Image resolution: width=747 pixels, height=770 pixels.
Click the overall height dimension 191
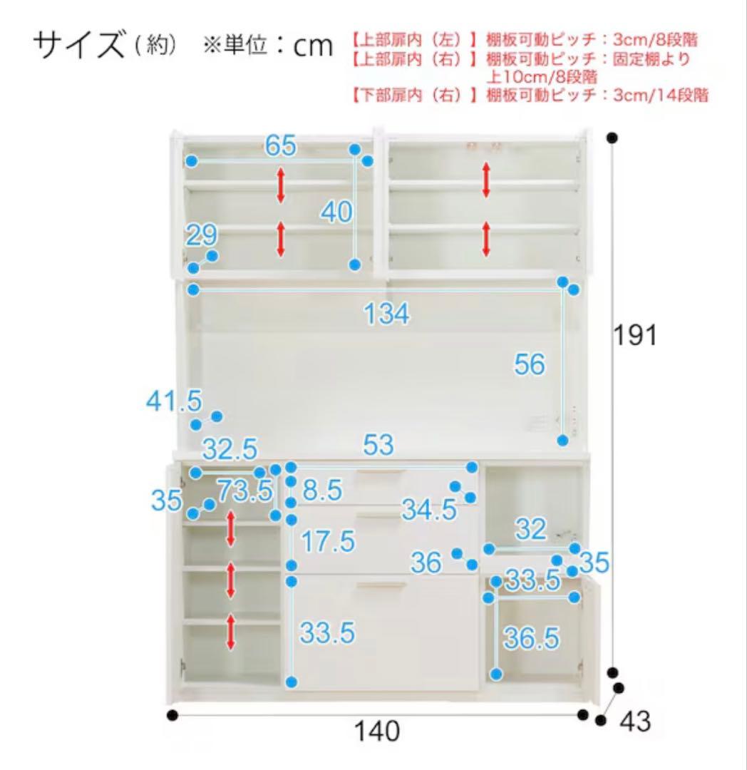pyautogui.click(x=635, y=334)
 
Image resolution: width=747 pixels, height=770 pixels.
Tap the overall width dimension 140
pyautogui.click(x=377, y=731)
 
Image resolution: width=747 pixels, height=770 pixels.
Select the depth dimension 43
pyautogui.click(x=634, y=722)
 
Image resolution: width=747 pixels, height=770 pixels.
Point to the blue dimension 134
pyautogui.click(x=387, y=314)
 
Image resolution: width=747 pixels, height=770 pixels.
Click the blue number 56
pyautogui.click(x=530, y=364)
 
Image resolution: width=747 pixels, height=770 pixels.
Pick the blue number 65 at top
pyautogui.click(x=280, y=145)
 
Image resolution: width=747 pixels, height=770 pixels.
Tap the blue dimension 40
pyautogui.click(x=335, y=211)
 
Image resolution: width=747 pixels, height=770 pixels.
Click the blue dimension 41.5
pyautogui.click(x=174, y=401)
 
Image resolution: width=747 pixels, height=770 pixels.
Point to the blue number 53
pyautogui.click(x=378, y=446)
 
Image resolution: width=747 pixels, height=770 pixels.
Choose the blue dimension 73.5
pyautogui.click(x=244, y=491)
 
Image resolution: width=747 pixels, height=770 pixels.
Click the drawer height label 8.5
pyautogui.click(x=321, y=491)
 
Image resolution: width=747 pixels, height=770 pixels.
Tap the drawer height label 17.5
pyautogui.click(x=326, y=542)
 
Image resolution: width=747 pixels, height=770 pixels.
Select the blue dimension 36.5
pyautogui.click(x=531, y=639)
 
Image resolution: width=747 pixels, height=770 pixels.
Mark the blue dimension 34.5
pyautogui.click(x=428, y=509)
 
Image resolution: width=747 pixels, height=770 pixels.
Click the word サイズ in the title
pyautogui.click(x=78, y=46)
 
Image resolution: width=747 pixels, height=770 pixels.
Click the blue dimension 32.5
pyautogui.click(x=230, y=450)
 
